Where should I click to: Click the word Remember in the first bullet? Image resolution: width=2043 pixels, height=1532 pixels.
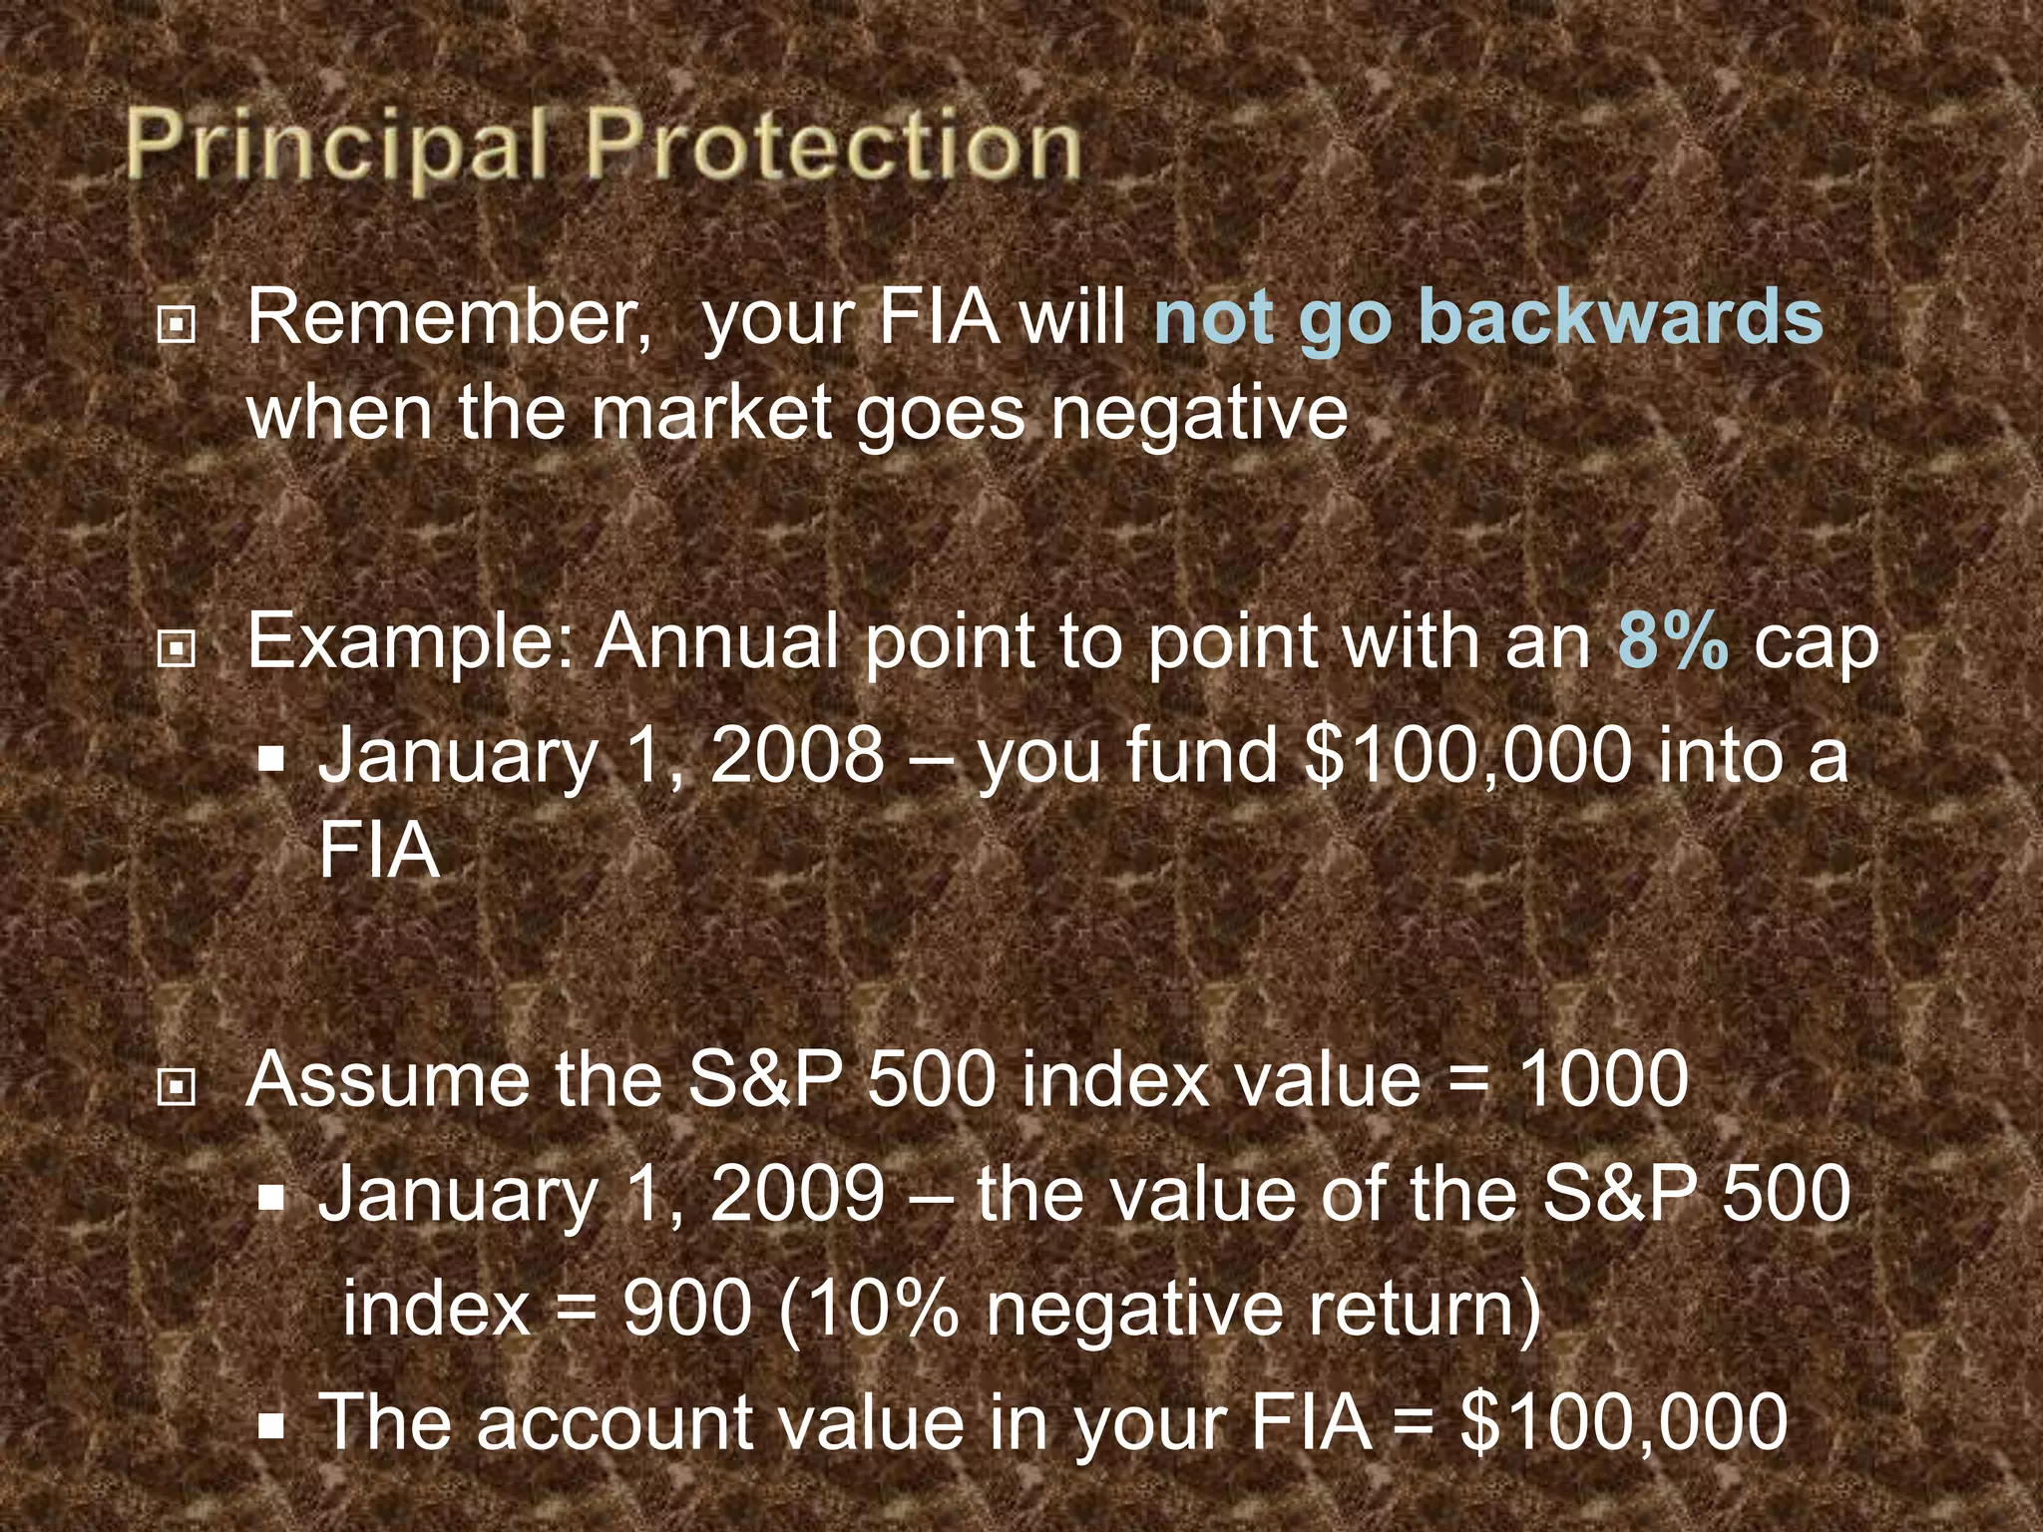tap(448, 318)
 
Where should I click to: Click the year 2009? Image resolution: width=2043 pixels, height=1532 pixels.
tap(796, 1193)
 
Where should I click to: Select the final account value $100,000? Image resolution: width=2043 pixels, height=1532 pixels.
tap(1623, 1420)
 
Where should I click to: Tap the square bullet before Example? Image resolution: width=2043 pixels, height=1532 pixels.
tap(177, 649)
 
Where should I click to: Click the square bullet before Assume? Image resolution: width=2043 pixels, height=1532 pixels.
tap(177, 1088)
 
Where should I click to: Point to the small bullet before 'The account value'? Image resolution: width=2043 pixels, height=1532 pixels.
tap(270, 1427)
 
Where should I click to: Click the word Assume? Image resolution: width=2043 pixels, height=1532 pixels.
tap(387, 1079)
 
